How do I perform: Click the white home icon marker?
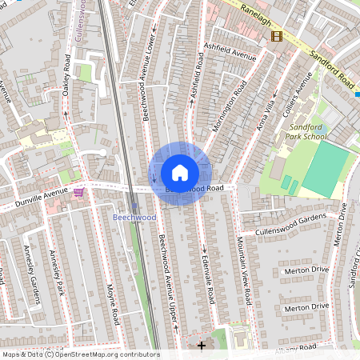pos(180,173)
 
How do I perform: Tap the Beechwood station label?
pos(134,217)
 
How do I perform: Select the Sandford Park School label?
pos(306,132)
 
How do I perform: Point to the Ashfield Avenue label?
pos(230,56)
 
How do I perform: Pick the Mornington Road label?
pos(227,107)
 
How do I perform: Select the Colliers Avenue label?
pos(297,93)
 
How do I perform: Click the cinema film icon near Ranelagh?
pos(277,35)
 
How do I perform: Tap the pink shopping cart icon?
pos(78,192)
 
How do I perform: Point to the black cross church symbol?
pos(201,345)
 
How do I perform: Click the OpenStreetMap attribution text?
pos(81,354)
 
